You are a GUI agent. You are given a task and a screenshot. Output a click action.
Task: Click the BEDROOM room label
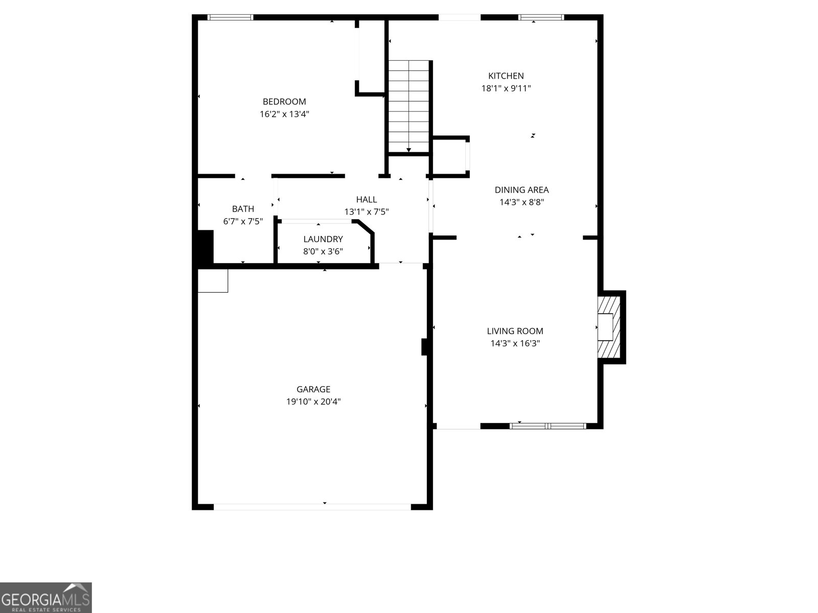pos(284,102)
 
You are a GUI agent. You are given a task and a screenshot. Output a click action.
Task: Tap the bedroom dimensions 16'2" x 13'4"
pos(284,114)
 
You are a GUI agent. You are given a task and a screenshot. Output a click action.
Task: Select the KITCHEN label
pos(506,76)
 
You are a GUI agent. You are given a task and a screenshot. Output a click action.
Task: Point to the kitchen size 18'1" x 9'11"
pos(506,88)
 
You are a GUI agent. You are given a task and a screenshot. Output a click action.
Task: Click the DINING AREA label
pos(521,190)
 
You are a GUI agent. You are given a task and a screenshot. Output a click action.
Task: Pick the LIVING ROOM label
pos(515,331)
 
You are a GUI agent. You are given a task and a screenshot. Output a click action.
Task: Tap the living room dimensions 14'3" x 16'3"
pos(515,343)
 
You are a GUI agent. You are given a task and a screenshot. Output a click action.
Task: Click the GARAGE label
pos(313,389)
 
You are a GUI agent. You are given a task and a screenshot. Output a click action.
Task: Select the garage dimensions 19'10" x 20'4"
pos(313,402)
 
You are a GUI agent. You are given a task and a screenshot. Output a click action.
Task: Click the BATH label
pos(243,209)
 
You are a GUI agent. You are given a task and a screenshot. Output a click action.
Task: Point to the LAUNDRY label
pos(323,239)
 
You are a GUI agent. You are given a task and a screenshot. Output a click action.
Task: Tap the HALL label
pos(367,200)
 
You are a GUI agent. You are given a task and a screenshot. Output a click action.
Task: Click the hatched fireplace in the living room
pos(609,327)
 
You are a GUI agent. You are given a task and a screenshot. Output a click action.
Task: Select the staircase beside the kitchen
pos(408,102)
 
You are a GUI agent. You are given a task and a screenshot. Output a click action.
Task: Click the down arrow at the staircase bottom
pos(409,149)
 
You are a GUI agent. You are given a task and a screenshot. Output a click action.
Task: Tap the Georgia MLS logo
pos(46,597)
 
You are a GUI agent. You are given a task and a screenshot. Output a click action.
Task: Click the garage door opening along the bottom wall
pos(312,507)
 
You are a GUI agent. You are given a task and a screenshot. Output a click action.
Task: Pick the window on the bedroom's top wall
pos(231,17)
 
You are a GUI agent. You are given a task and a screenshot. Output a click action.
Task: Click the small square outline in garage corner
pos(213,280)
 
